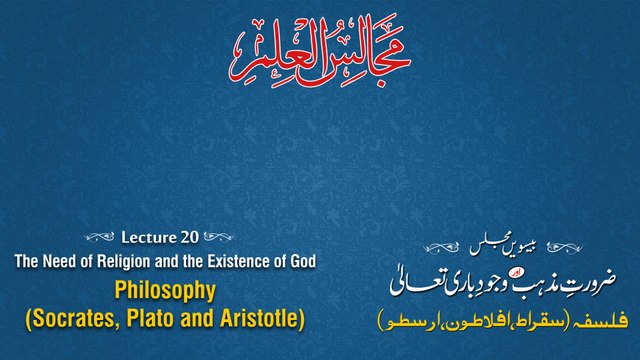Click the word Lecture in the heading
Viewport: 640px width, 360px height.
pos(148,238)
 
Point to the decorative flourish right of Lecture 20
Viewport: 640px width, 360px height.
pos(222,238)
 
